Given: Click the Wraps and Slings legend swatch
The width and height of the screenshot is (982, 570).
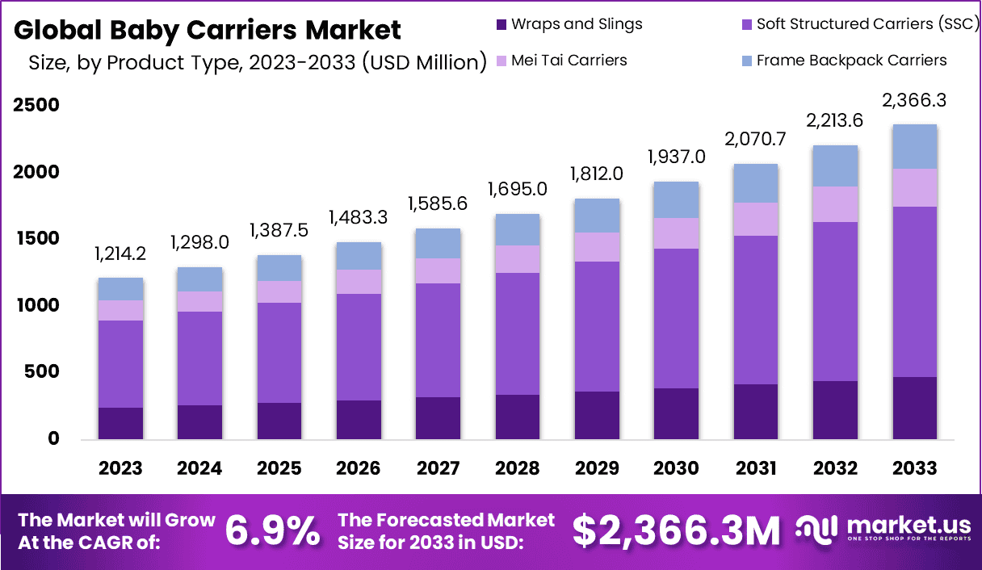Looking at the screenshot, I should coord(501,24).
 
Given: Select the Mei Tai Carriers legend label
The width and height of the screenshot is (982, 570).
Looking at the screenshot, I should coord(569,61).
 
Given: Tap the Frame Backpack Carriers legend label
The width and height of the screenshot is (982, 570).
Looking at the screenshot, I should coord(851,61).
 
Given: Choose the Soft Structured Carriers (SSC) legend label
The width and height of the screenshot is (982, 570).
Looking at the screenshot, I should coord(867,24).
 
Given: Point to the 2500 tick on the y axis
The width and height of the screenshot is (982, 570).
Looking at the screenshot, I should coord(36,106).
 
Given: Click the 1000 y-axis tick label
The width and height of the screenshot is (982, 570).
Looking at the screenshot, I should coord(36,306).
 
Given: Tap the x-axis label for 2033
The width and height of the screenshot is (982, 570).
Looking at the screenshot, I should coord(915,468).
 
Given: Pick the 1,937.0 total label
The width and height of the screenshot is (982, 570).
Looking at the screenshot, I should coord(676,157).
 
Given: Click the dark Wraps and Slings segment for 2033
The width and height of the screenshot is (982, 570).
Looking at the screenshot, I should coord(915,408).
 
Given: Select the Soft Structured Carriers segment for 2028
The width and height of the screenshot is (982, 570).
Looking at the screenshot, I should coord(518,333).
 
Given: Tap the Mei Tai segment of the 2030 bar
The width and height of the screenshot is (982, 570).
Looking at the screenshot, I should coord(676,233).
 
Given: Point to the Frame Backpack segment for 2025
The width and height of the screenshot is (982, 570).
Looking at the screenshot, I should coord(279,268).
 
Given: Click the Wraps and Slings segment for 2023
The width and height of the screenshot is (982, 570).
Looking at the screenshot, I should coord(121,423).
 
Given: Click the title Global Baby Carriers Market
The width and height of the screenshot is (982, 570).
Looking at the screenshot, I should coord(208,30).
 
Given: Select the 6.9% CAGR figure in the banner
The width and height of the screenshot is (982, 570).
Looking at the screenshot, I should coord(272,530).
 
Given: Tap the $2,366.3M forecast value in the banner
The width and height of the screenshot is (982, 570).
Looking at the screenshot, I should coord(677,530).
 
